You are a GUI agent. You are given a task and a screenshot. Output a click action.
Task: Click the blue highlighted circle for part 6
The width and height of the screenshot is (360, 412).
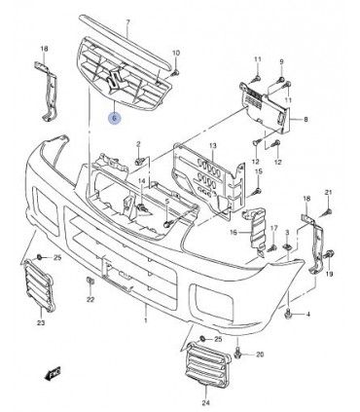click(x=114, y=118)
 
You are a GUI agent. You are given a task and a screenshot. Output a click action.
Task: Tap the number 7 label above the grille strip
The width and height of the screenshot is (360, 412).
click(x=127, y=22)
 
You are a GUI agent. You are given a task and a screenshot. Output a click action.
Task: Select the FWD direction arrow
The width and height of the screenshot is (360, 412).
click(x=53, y=373)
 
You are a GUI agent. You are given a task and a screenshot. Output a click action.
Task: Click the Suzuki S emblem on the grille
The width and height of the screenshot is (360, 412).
click(x=113, y=80)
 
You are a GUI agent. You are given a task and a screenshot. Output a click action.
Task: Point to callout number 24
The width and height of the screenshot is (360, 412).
click(x=205, y=403)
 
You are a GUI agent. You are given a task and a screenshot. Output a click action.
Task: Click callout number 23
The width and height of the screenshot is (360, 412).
click(x=41, y=322)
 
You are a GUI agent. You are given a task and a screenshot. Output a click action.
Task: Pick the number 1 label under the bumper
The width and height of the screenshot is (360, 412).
click(x=146, y=320)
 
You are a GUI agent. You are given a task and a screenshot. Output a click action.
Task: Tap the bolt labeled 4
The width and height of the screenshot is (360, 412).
click(x=288, y=314)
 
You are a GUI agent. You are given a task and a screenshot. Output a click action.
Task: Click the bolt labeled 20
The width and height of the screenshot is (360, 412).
click(x=238, y=354)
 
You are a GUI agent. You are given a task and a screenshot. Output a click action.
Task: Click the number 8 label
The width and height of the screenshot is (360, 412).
click(x=306, y=120)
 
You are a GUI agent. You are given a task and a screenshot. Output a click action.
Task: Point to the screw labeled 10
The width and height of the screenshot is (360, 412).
click(x=175, y=72)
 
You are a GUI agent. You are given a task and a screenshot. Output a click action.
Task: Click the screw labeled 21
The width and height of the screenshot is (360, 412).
click(x=327, y=212)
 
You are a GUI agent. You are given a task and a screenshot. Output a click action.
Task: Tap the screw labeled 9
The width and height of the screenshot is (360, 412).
click(x=281, y=79)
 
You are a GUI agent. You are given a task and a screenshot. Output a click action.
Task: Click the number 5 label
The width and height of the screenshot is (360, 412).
click(x=166, y=202)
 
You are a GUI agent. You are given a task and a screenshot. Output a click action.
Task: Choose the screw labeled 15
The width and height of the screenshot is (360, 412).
click(x=258, y=191)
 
